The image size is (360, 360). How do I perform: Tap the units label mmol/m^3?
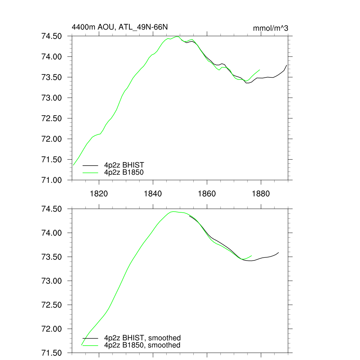point(270,28)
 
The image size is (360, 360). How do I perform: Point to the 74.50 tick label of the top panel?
point(52,36)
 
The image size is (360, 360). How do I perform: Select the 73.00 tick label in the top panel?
point(52,98)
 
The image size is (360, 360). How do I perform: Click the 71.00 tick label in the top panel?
point(52,180)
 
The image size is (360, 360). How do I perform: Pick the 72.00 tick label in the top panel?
point(52,139)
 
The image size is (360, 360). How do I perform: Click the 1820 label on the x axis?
point(99,194)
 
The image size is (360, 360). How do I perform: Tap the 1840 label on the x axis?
point(153,194)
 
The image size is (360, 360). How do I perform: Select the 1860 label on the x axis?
point(207,194)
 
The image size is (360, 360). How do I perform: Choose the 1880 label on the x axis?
point(261,194)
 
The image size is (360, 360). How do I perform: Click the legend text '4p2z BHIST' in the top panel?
point(124,165)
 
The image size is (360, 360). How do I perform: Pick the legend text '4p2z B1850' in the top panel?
point(124,172)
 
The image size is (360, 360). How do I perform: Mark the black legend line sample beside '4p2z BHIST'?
point(90,165)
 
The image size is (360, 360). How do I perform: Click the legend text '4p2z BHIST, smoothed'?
point(142,338)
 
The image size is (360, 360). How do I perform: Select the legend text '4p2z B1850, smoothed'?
point(142,345)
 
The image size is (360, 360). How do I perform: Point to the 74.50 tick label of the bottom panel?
point(52,209)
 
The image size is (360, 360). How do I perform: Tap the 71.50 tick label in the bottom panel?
point(52,353)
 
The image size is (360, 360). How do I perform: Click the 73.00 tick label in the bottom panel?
point(52,281)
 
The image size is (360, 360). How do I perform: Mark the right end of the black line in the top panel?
point(287,65)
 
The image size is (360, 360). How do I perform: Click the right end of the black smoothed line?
point(278,252)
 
